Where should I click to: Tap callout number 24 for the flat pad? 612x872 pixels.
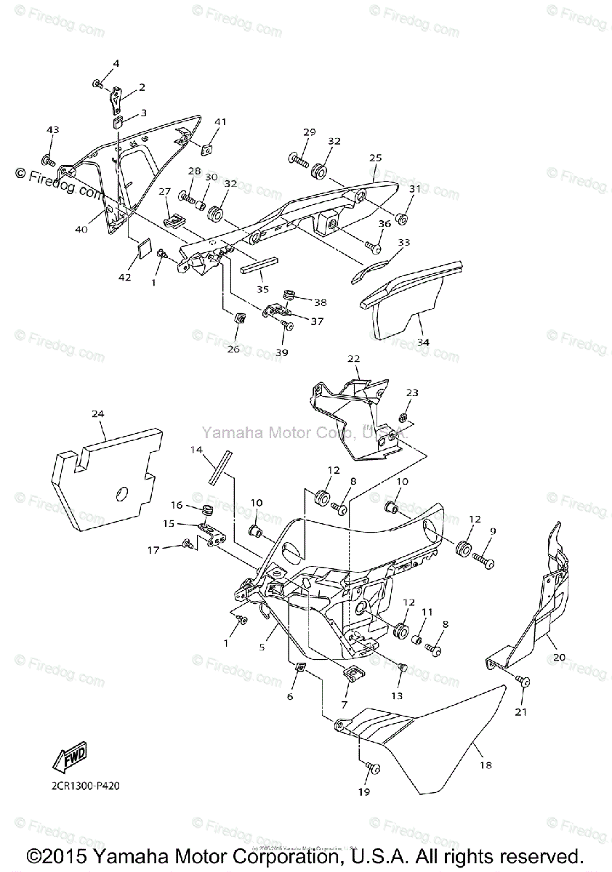98,413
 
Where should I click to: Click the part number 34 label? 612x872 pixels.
422,341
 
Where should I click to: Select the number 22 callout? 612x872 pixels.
353,359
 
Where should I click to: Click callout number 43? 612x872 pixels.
52,130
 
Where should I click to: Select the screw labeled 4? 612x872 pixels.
97,86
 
